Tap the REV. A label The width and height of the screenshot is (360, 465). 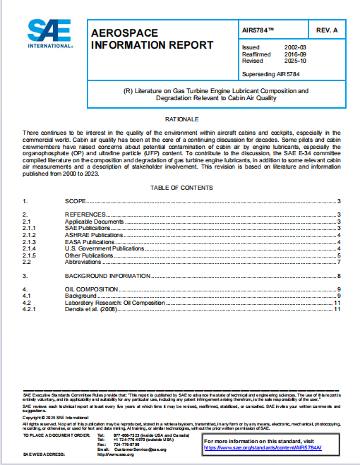[x=328, y=32]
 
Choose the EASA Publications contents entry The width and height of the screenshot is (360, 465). [x=91, y=241]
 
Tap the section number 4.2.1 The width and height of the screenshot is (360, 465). [x=29, y=309]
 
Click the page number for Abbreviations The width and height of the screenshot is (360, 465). [x=339, y=262]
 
